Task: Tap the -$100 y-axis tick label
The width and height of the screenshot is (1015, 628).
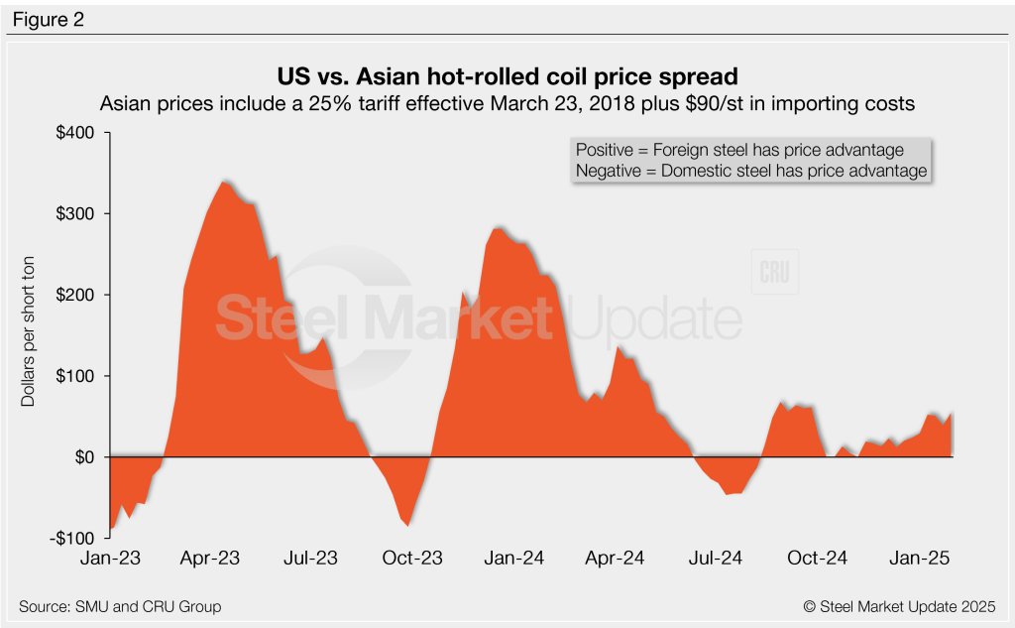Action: (70, 538)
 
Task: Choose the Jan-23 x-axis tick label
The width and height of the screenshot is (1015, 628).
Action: (109, 559)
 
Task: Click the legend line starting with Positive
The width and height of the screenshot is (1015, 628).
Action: (739, 150)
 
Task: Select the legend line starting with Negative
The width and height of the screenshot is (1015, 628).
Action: (750, 171)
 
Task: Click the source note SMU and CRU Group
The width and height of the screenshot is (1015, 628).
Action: (119, 606)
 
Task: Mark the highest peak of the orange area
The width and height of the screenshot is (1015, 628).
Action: (223, 182)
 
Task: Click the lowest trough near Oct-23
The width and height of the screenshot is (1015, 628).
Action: (407, 525)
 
